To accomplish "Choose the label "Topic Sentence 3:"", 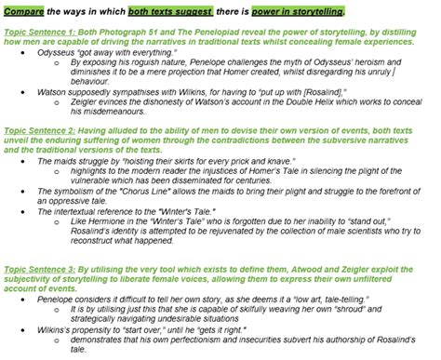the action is [x=42, y=266].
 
